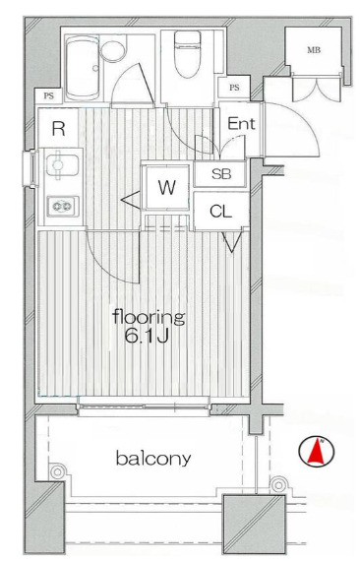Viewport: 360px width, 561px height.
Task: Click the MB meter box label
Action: coord(314,50)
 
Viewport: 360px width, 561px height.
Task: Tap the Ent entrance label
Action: coord(241,124)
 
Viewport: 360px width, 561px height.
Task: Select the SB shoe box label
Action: coord(221,174)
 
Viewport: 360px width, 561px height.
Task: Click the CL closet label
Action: coord(221,212)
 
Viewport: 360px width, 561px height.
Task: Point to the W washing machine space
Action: coord(166,187)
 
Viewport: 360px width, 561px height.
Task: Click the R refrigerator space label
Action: coord(58,129)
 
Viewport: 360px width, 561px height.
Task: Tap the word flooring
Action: coord(150,317)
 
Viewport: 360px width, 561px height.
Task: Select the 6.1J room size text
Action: coord(147,336)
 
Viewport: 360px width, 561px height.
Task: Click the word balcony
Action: coord(153,459)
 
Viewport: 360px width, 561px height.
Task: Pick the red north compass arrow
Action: coord(317,452)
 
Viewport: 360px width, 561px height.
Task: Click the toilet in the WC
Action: coord(187,54)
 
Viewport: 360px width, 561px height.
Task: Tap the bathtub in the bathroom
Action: coord(83,68)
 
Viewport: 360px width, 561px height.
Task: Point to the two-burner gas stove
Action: coord(63,206)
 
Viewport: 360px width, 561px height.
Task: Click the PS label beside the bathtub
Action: coord(48,95)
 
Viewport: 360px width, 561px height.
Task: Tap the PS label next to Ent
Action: coord(234,88)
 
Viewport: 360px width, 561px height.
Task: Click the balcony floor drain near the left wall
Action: coord(57,471)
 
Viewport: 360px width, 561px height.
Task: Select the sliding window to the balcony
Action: coord(144,406)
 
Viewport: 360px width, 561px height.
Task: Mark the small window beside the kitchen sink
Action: coord(30,168)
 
